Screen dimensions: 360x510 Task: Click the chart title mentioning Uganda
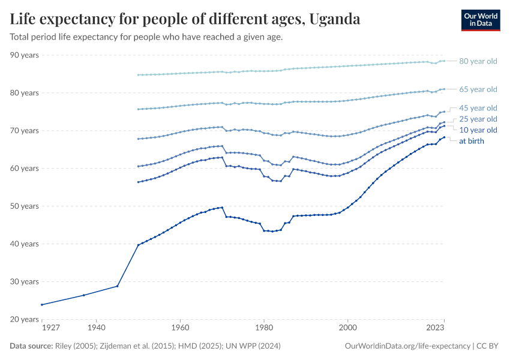[x=185, y=19]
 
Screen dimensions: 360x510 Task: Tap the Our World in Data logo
[x=480, y=20]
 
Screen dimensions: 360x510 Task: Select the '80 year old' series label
[x=478, y=61]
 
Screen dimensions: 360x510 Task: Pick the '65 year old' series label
[x=478, y=89]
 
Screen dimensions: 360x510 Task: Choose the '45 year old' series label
[x=478, y=108]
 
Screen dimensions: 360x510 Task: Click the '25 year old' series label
[x=478, y=119]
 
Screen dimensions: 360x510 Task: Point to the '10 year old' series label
[x=478, y=130]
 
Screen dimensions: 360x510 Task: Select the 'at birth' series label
[x=471, y=141]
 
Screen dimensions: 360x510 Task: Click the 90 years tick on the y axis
[x=25, y=55]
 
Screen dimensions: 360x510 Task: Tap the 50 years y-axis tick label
[x=25, y=206]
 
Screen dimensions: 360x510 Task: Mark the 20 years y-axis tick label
[x=25, y=319]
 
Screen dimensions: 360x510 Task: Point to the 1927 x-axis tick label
[x=50, y=329]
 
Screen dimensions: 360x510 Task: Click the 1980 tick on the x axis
[x=263, y=329]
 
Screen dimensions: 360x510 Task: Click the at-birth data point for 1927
[x=42, y=304]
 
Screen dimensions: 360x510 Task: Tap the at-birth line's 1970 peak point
[x=222, y=208]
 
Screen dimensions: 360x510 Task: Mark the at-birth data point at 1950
[x=138, y=245]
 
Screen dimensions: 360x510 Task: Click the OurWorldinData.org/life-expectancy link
[x=408, y=346]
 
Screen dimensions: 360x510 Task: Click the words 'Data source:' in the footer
[x=31, y=346]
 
